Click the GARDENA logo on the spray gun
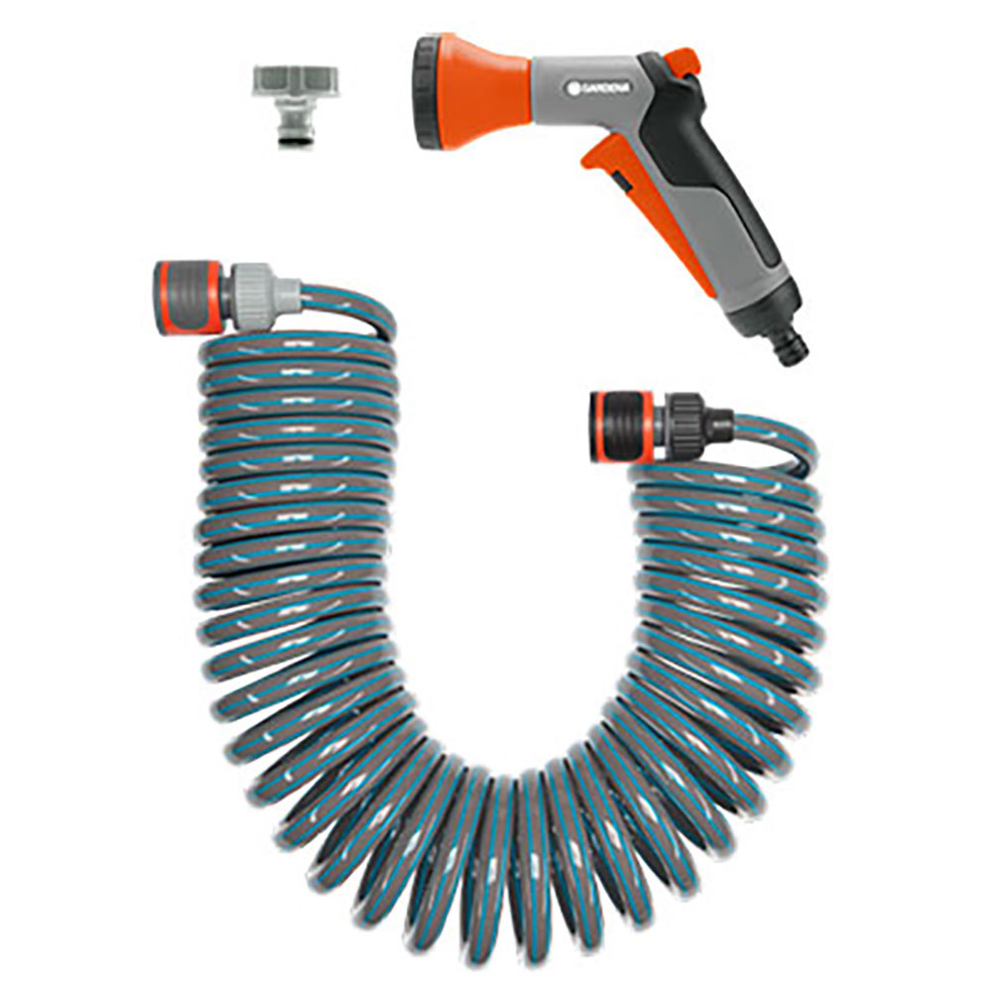pos(597,87)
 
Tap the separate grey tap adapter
pos(295,104)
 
